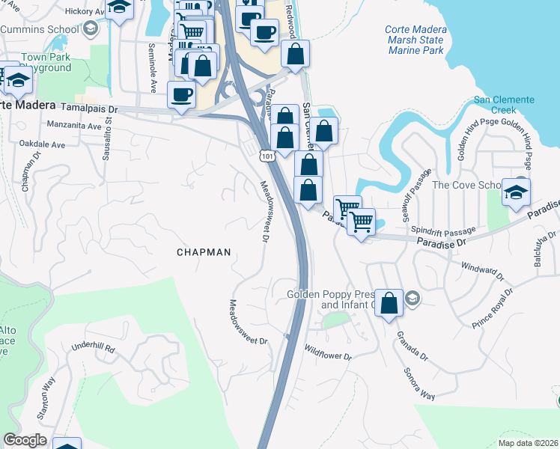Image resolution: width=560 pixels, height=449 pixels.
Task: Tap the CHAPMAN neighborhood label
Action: click(x=204, y=253)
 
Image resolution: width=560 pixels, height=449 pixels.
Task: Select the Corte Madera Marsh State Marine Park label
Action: click(x=416, y=40)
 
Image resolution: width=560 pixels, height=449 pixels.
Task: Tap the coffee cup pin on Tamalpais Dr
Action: click(x=180, y=96)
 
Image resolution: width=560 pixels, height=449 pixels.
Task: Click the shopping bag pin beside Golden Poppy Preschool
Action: click(x=389, y=304)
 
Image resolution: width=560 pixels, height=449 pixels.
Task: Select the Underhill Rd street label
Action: click(x=93, y=349)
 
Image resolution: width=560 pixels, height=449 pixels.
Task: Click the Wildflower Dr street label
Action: click(x=327, y=352)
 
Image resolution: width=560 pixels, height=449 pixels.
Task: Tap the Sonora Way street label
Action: click(x=419, y=384)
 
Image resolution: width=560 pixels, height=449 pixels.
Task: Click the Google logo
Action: click(x=25, y=440)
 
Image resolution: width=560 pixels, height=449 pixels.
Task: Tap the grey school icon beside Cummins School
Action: click(x=91, y=28)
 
